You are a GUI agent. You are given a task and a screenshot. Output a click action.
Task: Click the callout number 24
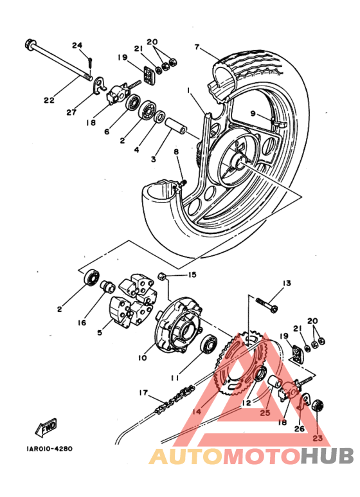pyautogui.click(x=77, y=45)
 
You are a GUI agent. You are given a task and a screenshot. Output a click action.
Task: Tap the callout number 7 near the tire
pyautogui.click(x=197, y=47)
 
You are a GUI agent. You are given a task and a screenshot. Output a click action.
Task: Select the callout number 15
pyautogui.click(x=192, y=275)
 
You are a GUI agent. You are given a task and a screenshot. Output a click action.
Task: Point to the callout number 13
pyautogui.click(x=287, y=283)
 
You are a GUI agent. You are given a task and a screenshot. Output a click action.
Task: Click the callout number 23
pyautogui.click(x=317, y=438)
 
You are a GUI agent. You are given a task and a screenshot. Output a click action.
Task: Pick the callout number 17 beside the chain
pyautogui.click(x=143, y=392)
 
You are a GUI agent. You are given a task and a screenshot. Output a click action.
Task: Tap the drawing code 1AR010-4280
pyautogui.click(x=50, y=449)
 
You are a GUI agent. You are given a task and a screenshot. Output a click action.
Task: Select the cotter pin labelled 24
pyautogui.click(x=91, y=62)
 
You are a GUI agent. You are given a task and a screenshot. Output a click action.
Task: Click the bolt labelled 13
pyautogui.click(x=267, y=303)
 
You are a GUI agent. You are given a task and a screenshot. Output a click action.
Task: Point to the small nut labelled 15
pyautogui.click(x=162, y=276)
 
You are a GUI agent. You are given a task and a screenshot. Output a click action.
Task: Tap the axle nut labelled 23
pyautogui.click(x=318, y=406)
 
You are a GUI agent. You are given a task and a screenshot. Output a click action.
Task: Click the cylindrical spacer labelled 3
pyautogui.click(x=175, y=126)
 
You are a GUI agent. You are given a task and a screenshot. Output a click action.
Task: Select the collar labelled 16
pyautogui.click(x=107, y=287)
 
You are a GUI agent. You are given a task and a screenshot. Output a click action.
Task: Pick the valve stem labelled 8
pyautogui.click(x=183, y=183)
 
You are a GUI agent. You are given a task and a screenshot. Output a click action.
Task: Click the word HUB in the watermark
pyautogui.click(x=327, y=456)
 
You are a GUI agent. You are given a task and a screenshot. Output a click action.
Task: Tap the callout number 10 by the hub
pyautogui.click(x=143, y=357)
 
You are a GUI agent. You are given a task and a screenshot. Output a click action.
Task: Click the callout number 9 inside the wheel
pyautogui.click(x=253, y=113)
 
